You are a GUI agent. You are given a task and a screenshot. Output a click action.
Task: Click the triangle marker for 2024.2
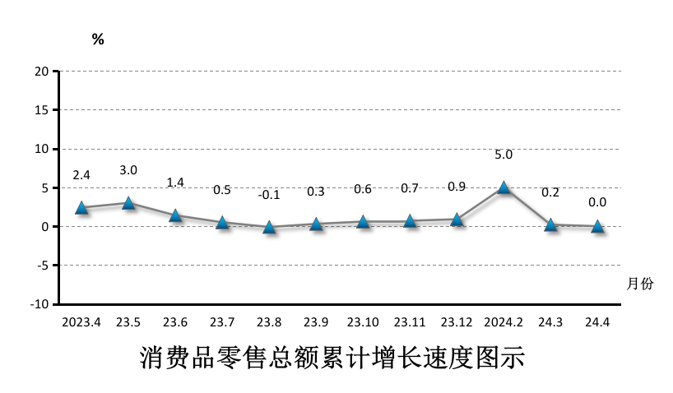504,187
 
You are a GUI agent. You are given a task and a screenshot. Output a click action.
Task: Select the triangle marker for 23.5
128,202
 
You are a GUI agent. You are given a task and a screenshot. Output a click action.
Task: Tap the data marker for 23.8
269,227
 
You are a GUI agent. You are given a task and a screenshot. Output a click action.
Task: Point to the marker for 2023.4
81,207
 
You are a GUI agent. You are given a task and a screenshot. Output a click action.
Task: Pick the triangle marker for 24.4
598,226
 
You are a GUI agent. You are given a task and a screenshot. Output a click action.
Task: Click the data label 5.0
504,155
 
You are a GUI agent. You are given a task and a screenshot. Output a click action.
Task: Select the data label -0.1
269,195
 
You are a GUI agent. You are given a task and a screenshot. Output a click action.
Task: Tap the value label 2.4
81,175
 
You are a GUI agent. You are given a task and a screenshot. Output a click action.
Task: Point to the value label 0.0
598,202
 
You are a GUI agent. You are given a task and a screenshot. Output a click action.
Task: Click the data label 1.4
175,183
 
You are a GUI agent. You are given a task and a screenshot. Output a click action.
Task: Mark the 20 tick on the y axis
40,72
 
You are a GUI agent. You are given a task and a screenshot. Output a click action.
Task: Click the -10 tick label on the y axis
38,304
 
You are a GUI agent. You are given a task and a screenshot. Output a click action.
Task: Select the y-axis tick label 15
40,110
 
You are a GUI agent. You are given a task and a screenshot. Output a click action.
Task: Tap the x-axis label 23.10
363,322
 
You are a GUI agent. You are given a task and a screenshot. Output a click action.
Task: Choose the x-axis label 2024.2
504,322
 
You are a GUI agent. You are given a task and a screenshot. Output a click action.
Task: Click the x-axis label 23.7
222,322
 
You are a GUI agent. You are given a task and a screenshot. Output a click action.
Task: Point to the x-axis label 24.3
551,322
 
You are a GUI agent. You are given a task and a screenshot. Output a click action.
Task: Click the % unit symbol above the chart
98,39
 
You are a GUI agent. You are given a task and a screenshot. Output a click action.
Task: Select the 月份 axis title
639,284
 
